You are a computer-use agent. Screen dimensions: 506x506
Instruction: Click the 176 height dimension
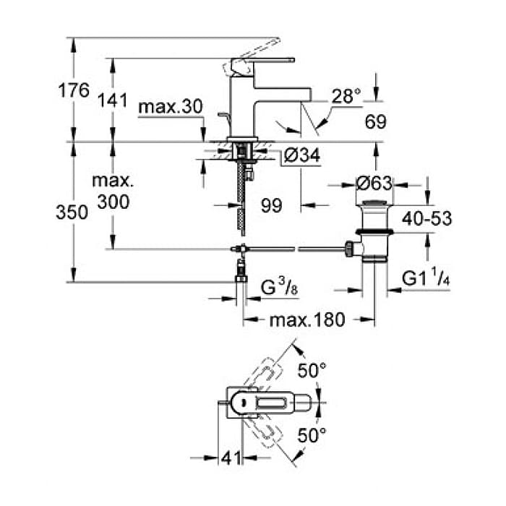(74, 90)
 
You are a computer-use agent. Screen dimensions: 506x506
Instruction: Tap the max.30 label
(170, 106)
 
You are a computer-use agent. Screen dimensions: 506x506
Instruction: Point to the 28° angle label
(346, 96)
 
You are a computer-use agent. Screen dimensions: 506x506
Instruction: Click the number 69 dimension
(376, 121)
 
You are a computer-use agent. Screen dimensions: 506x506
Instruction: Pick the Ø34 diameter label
(301, 155)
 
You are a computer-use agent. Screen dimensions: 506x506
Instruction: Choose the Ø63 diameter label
(374, 184)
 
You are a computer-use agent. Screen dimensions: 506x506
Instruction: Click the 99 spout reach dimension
(271, 205)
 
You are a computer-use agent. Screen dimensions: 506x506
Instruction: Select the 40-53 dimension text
(426, 218)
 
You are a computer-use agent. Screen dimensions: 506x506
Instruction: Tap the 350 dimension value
(72, 213)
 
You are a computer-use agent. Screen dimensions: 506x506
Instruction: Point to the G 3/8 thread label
(279, 287)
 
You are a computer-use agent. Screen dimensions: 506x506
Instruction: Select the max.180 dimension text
(307, 320)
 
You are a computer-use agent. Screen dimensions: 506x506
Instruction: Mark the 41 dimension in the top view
(231, 458)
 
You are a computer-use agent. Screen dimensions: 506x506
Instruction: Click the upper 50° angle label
(312, 370)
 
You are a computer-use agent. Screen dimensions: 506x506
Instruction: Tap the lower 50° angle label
(312, 435)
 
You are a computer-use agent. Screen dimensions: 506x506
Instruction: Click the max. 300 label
(113, 192)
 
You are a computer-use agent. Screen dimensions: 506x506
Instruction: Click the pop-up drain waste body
(374, 231)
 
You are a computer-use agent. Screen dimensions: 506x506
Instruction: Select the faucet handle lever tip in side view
(293, 60)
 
